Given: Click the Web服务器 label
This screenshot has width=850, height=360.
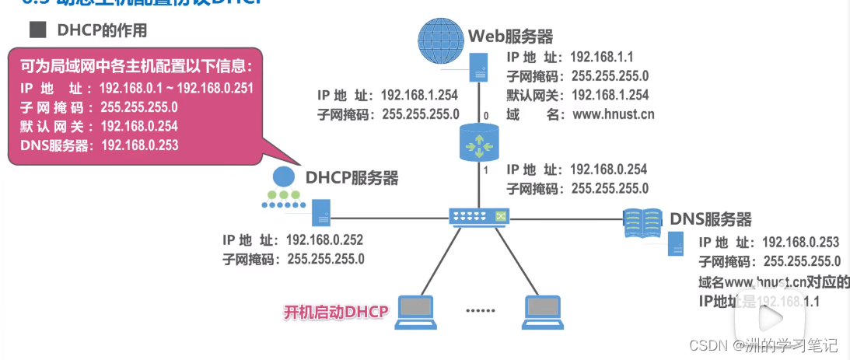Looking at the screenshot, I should (x=510, y=36).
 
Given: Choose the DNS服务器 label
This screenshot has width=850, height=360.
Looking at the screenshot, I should (x=711, y=218).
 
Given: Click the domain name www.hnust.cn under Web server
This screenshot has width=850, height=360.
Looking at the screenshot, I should (x=613, y=114).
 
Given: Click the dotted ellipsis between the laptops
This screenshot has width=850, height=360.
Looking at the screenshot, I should (x=480, y=310).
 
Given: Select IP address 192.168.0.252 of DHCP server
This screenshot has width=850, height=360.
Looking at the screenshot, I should (x=324, y=239).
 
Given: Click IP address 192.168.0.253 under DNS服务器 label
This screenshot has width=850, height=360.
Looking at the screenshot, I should (x=801, y=243).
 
